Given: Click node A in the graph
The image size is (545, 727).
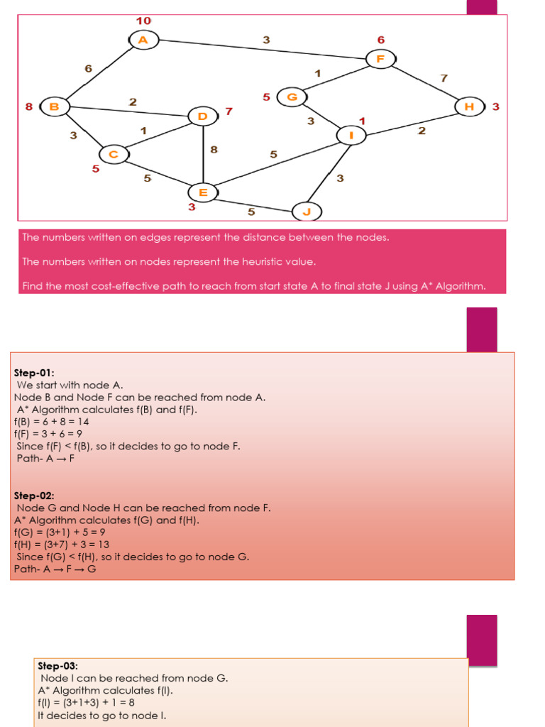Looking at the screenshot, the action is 143,40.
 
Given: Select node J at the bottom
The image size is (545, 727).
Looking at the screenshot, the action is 307,212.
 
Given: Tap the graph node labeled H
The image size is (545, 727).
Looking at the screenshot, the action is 469,106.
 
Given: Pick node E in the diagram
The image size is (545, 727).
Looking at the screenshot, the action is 203,192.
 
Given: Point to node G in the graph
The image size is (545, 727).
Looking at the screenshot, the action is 292,97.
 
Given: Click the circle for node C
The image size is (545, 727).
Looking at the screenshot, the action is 113,154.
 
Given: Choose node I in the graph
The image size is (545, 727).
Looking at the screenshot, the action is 351,134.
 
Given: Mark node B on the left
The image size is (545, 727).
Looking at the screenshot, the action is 54,107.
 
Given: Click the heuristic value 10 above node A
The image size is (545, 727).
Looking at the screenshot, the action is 143,21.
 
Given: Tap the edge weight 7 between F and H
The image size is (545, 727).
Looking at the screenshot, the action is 444,78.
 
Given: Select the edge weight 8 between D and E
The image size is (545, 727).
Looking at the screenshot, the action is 214,150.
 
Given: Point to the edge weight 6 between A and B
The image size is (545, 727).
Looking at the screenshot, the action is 88,69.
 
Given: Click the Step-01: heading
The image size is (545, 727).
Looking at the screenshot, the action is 33,372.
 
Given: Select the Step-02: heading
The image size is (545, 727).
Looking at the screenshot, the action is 33,496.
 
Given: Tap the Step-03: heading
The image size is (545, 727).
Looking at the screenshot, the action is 57,666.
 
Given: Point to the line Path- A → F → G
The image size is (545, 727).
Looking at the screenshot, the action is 55,569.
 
